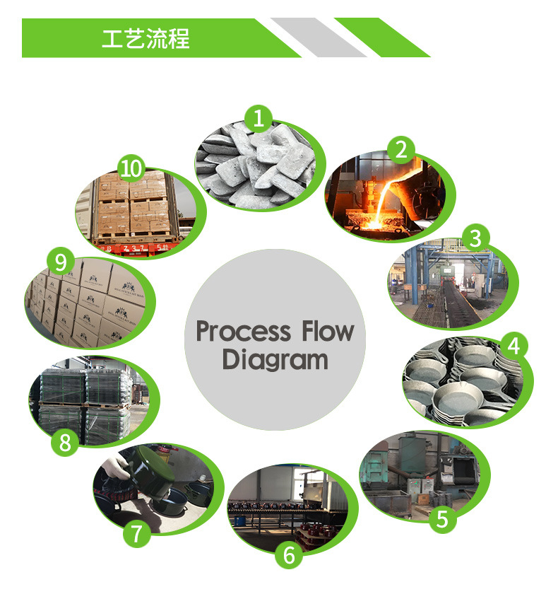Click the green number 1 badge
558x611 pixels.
[x=260, y=118]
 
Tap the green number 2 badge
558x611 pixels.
[x=401, y=149]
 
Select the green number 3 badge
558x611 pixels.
[x=475, y=238]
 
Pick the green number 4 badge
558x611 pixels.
[x=513, y=345]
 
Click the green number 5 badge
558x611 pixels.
[x=442, y=519]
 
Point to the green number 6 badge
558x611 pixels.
[x=288, y=555]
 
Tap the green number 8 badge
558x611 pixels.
[x=65, y=443]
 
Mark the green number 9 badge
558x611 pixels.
[x=60, y=262]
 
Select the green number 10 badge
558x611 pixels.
[x=131, y=168]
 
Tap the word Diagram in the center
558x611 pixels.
[x=275, y=359]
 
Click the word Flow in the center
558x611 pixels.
[x=326, y=331]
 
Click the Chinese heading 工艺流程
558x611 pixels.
[x=146, y=38]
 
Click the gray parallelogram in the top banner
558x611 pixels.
[x=318, y=37]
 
